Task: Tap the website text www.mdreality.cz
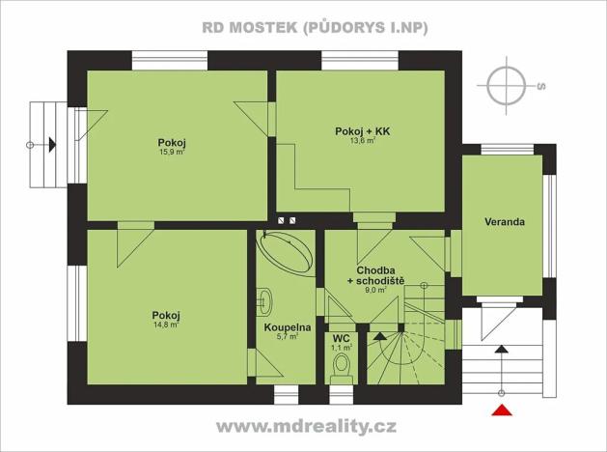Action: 306,426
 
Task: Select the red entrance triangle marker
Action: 502,412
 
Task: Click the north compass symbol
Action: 508,85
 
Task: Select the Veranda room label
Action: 505,221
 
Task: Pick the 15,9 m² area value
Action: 172,152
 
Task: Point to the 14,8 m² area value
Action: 166,325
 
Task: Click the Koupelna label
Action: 287,327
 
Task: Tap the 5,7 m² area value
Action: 287,337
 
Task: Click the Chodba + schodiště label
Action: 378,275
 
